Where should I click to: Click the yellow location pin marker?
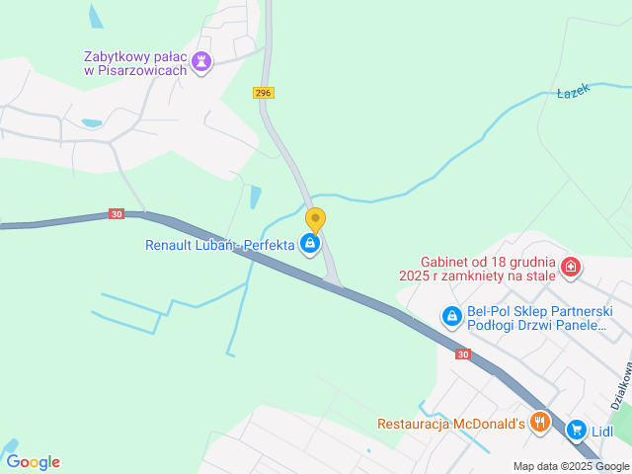(315, 219)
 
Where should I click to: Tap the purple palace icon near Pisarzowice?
(202, 62)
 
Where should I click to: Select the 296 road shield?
(263, 93)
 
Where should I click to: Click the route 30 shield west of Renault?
(117, 214)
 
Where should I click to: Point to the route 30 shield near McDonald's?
(463, 354)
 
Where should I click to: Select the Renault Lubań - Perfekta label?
(220, 245)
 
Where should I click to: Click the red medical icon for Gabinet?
(570, 267)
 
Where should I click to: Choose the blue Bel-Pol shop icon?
(451, 317)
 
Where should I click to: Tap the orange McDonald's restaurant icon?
(539, 423)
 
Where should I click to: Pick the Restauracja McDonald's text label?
(450, 424)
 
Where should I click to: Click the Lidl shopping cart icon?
(577, 431)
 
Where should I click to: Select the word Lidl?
(602, 432)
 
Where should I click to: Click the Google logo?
(33, 461)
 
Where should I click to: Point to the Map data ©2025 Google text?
(571, 466)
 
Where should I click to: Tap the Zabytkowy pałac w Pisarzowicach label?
(136, 63)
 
